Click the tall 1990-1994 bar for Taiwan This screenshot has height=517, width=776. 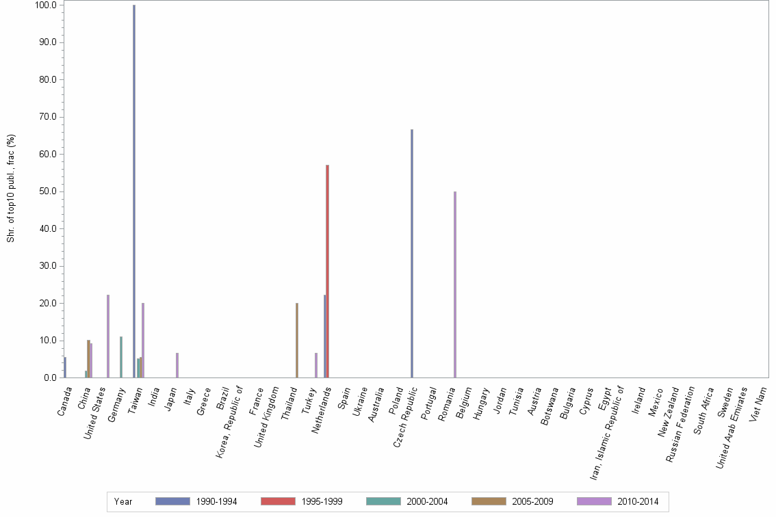tap(134, 191)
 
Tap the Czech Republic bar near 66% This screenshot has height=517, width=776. tap(412, 253)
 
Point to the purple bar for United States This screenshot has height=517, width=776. tap(108, 336)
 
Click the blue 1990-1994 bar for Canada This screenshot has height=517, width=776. tap(65, 367)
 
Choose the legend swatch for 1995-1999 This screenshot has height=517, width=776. tap(278, 501)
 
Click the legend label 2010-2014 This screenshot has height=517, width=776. tap(638, 502)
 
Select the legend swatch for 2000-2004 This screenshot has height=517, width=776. tap(383, 501)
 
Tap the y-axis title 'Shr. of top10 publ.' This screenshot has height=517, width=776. tap(11, 188)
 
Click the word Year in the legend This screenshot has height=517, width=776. tap(123, 502)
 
